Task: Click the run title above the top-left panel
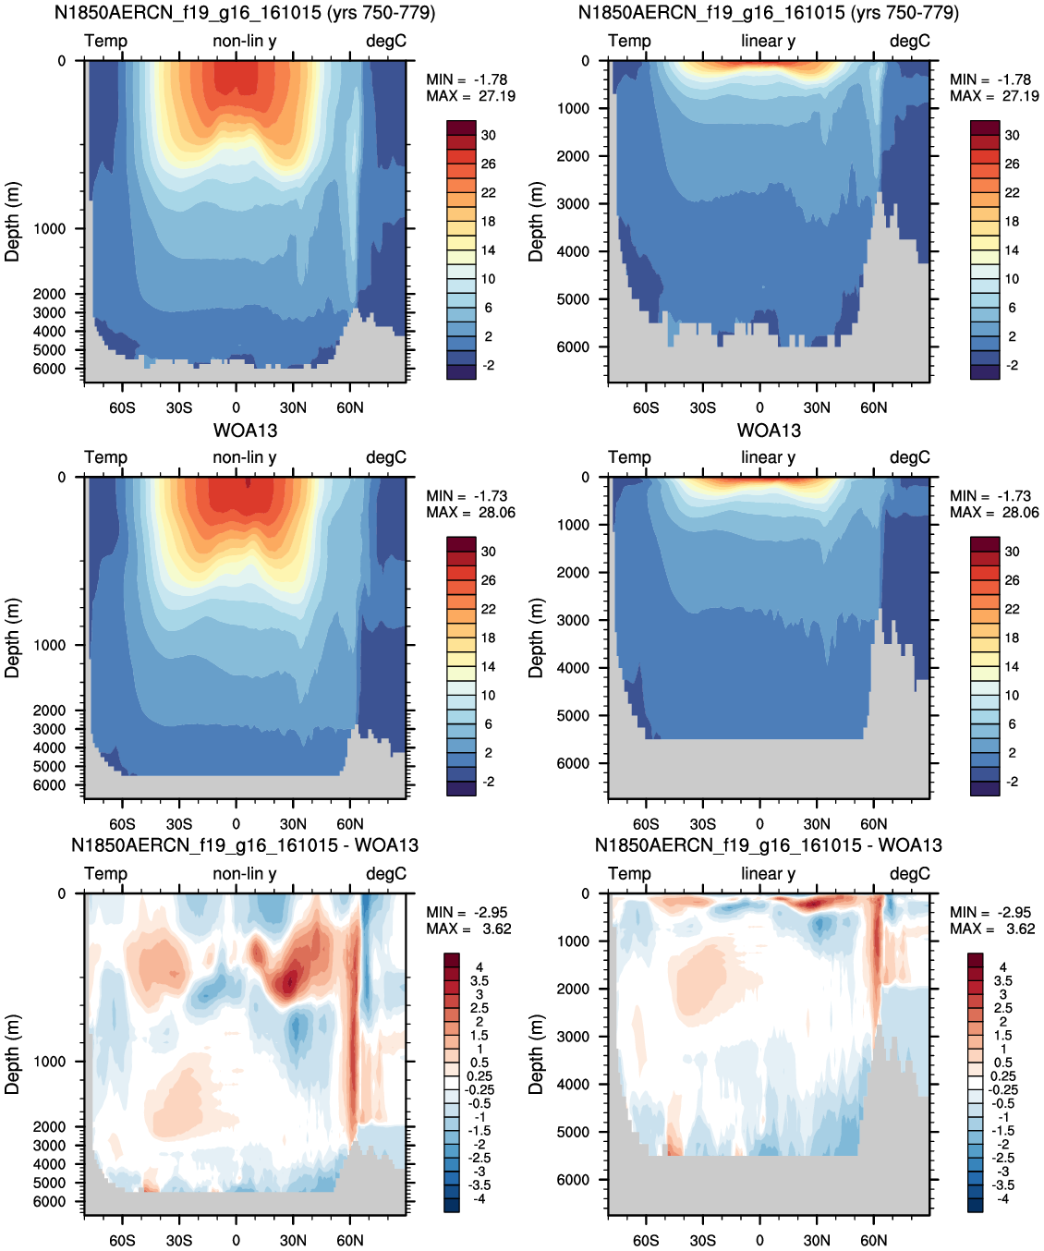[245, 13]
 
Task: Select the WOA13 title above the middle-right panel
[769, 431]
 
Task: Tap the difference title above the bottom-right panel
[769, 845]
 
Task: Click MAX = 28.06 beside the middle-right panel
[994, 512]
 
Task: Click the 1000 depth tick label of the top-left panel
[49, 229]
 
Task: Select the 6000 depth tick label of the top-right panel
[573, 346]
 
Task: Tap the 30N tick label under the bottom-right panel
[817, 1240]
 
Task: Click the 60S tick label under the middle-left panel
[122, 824]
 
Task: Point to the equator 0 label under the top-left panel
[237, 407]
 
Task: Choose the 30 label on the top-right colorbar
[1013, 136]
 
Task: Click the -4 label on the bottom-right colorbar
[1002, 1199]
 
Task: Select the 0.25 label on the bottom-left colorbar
[479, 1076]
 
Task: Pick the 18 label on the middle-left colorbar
[489, 638]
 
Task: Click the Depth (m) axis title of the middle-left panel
[12, 638]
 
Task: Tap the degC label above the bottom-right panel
[910, 873]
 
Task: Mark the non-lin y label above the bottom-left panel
[245, 873]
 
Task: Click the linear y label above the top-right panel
[769, 41]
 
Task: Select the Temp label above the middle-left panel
[105, 457]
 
